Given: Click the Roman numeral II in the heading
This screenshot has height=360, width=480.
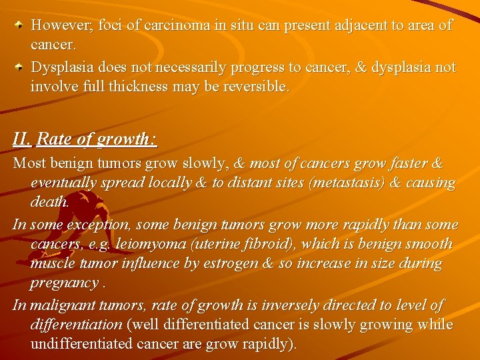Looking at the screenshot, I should (21, 139).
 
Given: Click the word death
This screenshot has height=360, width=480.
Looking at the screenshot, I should (49, 201).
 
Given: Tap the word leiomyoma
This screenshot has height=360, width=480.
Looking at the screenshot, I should (148, 244).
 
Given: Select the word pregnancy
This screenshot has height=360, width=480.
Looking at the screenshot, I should (64, 283).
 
